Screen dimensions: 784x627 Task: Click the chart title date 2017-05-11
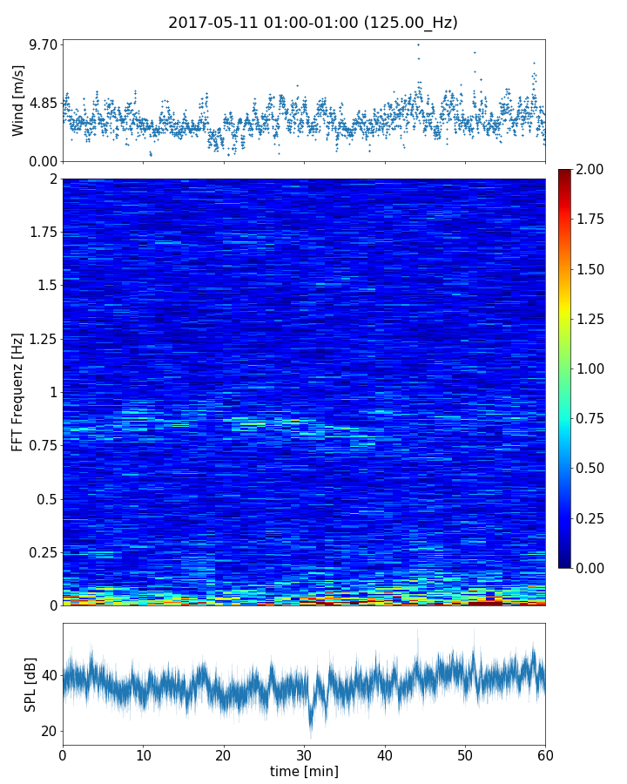(x=209, y=23)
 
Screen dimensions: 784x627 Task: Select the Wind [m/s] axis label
(x=18, y=104)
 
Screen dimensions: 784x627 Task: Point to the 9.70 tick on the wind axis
(x=43, y=44)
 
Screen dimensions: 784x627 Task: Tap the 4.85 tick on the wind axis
(x=43, y=103)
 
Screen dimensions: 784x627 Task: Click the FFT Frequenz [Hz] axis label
(x=18, y=391)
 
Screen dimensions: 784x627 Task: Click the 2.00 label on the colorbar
(x=593, y=169)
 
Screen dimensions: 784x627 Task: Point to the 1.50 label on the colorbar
(x=593, y=269)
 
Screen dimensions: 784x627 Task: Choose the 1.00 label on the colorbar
(x=593, y=368)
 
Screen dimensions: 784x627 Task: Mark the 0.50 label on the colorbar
(x=593, y=468)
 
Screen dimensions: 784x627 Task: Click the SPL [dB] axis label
(x=30, y=684)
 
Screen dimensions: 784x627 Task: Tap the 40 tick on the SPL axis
(x=49, y=675)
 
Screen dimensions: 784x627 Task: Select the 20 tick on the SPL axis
(x=49, y=731)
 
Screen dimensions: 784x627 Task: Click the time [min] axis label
(x=304, y=771)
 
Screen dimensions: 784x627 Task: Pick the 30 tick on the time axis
(x=304, y=754)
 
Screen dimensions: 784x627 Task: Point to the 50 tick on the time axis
(x=465, y=754)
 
